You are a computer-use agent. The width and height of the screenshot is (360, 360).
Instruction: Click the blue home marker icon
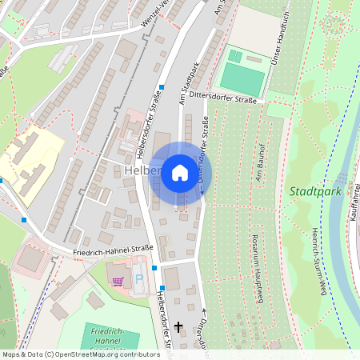[180, 173]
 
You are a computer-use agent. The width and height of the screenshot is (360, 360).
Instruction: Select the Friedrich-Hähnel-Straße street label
[112, 250]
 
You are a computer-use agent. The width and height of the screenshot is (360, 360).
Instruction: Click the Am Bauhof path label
[260, 160]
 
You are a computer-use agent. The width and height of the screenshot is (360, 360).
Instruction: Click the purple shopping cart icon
[118, 282]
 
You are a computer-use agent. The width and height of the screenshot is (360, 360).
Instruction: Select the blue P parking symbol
[139, 280]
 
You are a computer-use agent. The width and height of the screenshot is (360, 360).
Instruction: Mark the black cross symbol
[178, 326]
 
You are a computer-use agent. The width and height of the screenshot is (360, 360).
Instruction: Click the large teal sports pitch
[242, 78]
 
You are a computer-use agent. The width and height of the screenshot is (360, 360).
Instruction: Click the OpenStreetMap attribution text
[80, 354]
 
